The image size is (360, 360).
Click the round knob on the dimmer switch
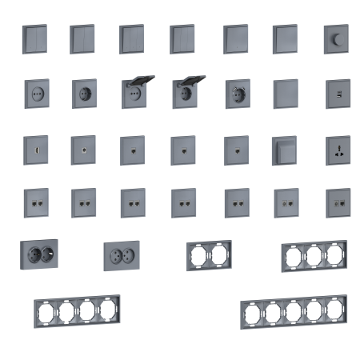click(336, 37)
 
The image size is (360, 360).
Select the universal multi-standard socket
click(336, 150)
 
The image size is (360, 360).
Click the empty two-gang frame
click(210, 256)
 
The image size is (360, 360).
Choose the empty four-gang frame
click(73, 310)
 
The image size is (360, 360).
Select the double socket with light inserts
click(122, 256)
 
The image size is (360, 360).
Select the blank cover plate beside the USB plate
click(286, 94)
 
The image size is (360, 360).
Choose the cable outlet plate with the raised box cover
click(286, 150)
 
